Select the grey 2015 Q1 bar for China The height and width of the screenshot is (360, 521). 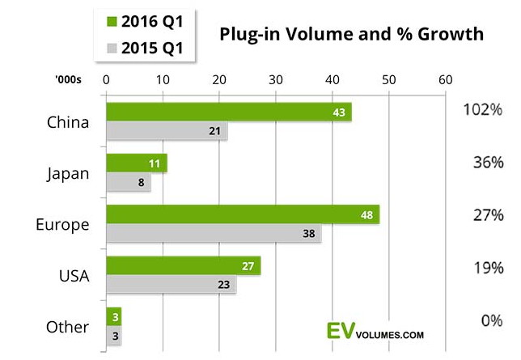pos(167,131)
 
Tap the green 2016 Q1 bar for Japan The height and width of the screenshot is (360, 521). pos(137,163)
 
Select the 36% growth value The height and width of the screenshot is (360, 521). pos(487,163)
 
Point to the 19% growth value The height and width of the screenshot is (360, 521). pos(487,268)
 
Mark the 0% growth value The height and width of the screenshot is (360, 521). pos(491,320)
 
